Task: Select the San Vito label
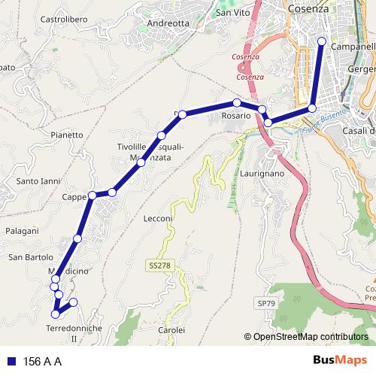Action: (x=232, y=13)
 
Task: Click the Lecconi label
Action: (x=158, y=219)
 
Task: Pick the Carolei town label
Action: (x=171, y=330)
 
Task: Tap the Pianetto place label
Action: (x=67, y=135)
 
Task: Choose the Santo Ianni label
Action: (x=38, y=181)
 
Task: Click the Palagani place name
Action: (x=21, y=231)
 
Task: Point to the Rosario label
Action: (x=235, y=117)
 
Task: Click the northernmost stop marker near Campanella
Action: (x=322, y=41)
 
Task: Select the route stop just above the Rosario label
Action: (x=236, y=103)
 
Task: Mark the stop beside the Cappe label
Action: (x=92, y=196)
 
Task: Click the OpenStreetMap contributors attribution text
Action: (x=310, y=336)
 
